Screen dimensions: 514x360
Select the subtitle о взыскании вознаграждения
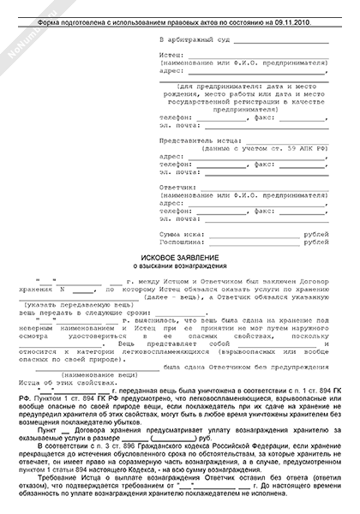(180, 266)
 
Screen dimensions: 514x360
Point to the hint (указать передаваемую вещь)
(69, 305)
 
